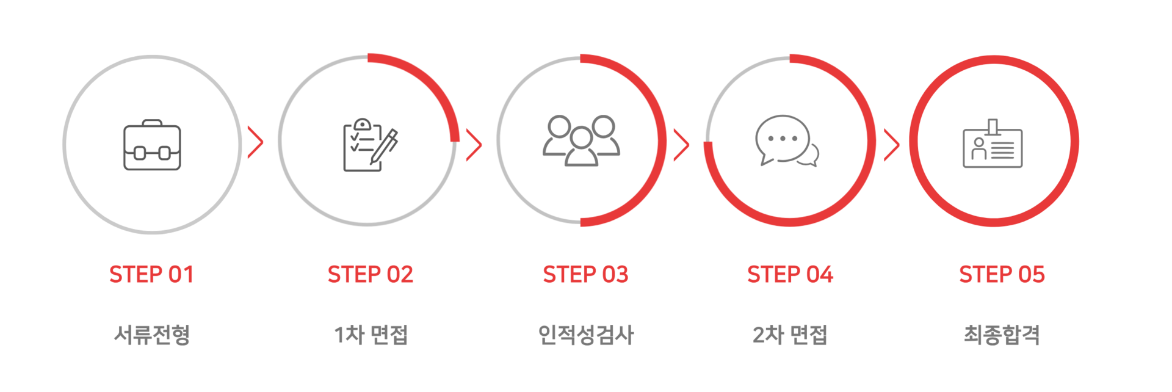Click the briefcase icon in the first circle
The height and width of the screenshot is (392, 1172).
click(x=152, y=145)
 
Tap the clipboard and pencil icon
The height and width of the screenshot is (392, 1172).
click(x=368, y=145)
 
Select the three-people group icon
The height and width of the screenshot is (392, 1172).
click(x=581, y=140)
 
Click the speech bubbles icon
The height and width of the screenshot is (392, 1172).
click(x=786, y=140)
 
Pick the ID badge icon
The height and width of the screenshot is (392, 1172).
click(x=993, y=145)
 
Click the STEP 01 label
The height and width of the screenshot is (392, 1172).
click(x=151, y=275)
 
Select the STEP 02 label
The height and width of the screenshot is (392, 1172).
click(x=371, y=275)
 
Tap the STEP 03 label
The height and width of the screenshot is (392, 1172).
click(x=585, y=275)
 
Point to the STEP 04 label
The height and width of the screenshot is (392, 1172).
click(x=790, y=275)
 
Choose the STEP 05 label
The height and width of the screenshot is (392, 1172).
click(x=1002, y=275)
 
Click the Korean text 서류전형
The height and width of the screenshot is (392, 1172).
click(x=152, y=335)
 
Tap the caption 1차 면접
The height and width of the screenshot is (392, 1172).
click(x=371, y=335)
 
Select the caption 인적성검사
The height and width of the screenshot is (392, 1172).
click(x=585, y=335)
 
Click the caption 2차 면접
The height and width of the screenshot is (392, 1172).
click(x=790, y=335)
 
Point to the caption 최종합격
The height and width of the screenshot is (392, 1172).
click(x=1002, y=335)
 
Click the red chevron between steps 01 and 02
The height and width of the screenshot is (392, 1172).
click(x=256, y=142)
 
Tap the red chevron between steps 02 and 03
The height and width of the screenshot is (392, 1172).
click(x=474, y=145)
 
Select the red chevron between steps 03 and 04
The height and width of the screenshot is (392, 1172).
click(x=681, y=145)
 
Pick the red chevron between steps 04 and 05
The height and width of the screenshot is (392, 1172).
click(x=892, y=145)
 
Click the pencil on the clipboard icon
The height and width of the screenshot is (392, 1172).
click(x=385, y=147)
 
